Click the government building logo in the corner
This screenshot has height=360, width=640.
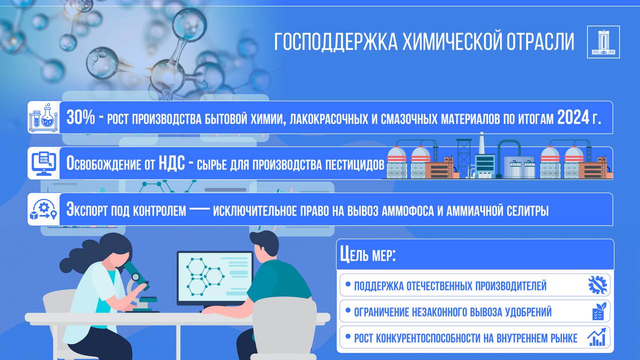[x=603, y=42]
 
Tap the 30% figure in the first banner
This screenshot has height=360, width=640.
[x=80, y=117]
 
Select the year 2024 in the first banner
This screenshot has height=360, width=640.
[x=573, y=117]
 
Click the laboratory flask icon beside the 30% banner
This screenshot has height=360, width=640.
[x=43, y=117]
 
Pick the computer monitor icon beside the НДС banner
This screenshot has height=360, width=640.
[x=43, y=163]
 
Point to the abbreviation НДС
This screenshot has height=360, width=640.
[x=171, y=163]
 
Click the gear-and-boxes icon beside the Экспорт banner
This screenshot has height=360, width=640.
[x=43, y=209]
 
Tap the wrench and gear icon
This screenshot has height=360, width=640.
[x=597, y=285]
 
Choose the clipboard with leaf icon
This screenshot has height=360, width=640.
[x=599, y=311]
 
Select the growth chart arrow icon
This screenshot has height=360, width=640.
[x=596, y=337]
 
